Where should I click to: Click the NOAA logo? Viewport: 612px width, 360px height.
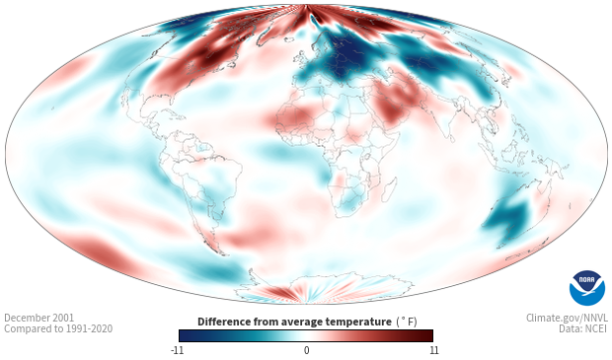click(587, 288)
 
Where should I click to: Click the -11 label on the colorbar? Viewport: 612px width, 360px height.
click(177, 350)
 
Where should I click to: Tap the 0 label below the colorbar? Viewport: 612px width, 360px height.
click(306, 350)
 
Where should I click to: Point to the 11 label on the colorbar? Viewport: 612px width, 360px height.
click(433, 350)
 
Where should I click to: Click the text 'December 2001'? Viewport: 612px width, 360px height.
click(39, 318)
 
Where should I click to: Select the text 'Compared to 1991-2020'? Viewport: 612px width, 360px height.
click(58, 328)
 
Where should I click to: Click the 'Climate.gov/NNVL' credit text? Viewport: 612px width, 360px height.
click(567, 318)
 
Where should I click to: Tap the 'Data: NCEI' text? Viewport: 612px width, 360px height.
click(583, 328)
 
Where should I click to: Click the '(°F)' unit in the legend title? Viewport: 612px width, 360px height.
click(407, 323)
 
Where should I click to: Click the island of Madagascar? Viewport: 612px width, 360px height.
click(391, 188)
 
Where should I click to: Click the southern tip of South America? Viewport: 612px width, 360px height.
click(223, 254)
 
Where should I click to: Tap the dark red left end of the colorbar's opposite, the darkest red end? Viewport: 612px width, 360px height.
click(429, 335)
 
